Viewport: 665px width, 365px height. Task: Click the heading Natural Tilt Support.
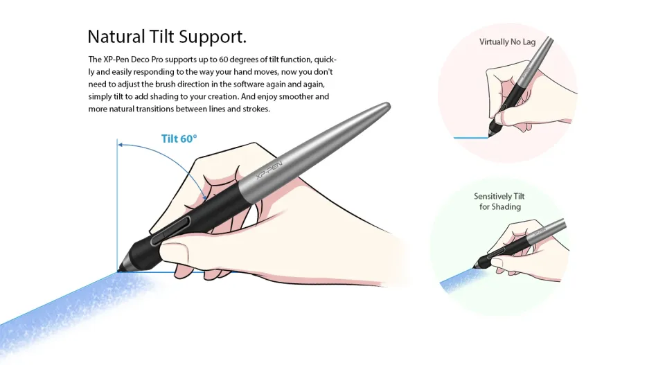[167, 36]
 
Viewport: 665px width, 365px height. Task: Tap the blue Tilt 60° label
[179, 139]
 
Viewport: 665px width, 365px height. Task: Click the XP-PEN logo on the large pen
[266, 169]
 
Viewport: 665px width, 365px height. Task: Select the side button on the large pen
[177, 229]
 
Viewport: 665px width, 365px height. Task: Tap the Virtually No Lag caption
[507, 42]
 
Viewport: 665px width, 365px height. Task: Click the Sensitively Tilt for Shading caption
[499, 202]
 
